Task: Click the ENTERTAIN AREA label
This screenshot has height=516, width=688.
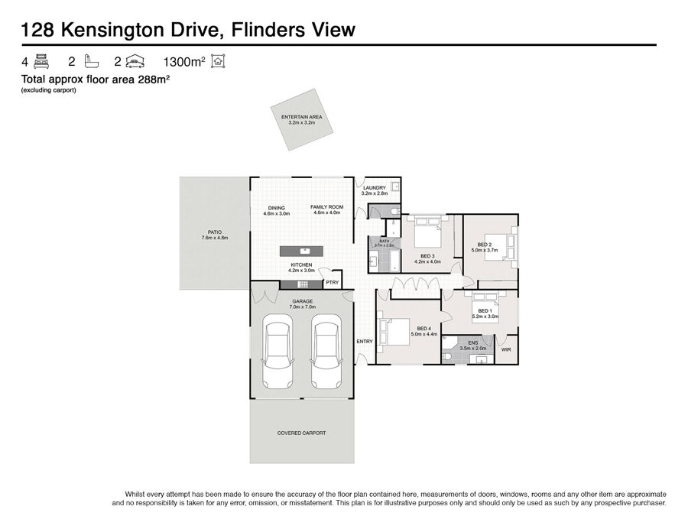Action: point(301,117)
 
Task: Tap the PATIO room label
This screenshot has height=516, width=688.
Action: point(215,232)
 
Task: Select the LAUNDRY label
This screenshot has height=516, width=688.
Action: point(375,188)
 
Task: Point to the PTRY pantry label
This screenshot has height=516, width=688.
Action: point(333,283)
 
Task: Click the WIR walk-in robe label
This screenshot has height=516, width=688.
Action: point(506,349)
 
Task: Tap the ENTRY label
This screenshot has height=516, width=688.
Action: point(365,342)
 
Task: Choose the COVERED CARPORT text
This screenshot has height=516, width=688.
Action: point(301,433)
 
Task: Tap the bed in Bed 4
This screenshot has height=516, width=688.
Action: point(394,333)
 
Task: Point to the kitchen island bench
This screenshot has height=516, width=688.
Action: point(301,252)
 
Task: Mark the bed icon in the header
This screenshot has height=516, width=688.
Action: point(41,61)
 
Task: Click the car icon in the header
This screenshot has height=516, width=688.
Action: point(135,61)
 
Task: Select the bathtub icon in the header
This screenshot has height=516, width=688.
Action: point(91,61)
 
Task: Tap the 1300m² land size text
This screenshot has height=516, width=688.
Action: point(183,62)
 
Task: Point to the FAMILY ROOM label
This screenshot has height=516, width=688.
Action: point(327,207)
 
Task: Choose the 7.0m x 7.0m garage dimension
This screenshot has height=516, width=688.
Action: point(302,307)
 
